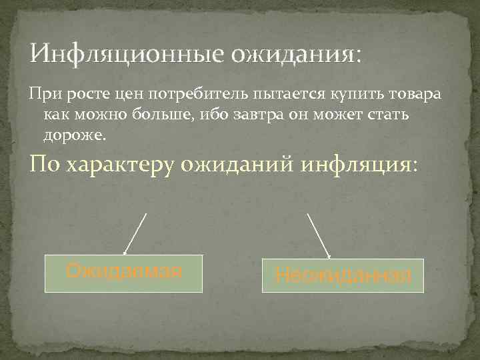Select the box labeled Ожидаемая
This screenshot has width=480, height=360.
[x=123, y=273]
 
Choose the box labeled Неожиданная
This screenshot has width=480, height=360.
[x=343, y=275]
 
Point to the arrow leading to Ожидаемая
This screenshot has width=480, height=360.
[x=135, y=233]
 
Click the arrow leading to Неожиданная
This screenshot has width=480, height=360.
[x=318, y=235]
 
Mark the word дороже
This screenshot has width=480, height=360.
[x=74, y=135]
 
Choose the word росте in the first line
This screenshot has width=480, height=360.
[x=77, y=95]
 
